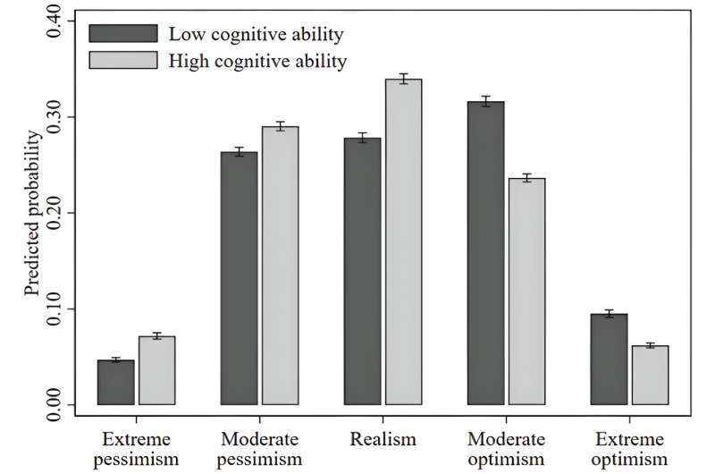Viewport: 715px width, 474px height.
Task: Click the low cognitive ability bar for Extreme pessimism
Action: [x=116, y=383]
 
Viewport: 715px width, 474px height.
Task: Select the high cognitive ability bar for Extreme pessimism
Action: [x=156, y=371]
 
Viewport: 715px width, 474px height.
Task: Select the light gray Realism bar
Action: [x=403, y=242]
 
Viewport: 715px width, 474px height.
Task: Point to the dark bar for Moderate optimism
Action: [x=486, y=254]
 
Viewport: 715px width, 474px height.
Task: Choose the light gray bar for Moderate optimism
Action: [x=526, y=292]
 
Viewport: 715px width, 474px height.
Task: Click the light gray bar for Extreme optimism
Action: [x=650, y=376]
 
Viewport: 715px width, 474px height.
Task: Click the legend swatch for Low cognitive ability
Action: [x=122, y=34]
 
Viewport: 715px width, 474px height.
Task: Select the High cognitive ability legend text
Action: [x=257, y=61]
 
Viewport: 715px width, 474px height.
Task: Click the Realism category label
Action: [x=383, y=439]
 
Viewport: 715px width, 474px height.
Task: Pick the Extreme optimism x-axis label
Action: [x=630, y=448]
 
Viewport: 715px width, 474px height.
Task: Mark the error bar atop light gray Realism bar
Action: [x=403, y=79]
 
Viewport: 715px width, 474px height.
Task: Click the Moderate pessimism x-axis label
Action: [x=259, y=448]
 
